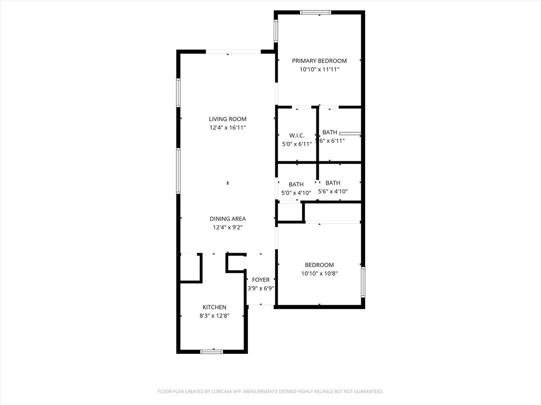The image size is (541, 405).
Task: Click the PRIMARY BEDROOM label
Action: (319, 61)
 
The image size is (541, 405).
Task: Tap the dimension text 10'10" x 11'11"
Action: (319, 69)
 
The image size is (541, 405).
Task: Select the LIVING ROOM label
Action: (227, 119)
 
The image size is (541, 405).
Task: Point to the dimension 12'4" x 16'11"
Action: (227, 128)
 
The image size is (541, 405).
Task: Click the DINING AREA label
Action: (227, 219)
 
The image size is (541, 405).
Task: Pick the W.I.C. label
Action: (296, 136)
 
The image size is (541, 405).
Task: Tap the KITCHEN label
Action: (214, 307)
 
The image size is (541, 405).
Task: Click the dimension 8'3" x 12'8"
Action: (214, 316)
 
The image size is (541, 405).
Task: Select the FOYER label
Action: (260, 280)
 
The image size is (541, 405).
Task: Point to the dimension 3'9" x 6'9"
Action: (260, 288)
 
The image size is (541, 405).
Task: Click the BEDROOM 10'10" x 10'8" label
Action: (319, 265)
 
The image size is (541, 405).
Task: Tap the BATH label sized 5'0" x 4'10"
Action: (296, 185)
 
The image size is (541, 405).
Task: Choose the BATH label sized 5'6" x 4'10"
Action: (333, 183)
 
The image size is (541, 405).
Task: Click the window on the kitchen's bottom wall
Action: (212, 351)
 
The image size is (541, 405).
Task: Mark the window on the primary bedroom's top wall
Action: (316, 12)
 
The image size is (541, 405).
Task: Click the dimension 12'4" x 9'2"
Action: (227, 227)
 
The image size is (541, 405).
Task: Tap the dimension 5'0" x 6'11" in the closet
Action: (296, 144)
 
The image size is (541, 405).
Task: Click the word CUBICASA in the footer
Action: (216, 391)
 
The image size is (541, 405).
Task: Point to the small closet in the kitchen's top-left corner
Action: (189, 267)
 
